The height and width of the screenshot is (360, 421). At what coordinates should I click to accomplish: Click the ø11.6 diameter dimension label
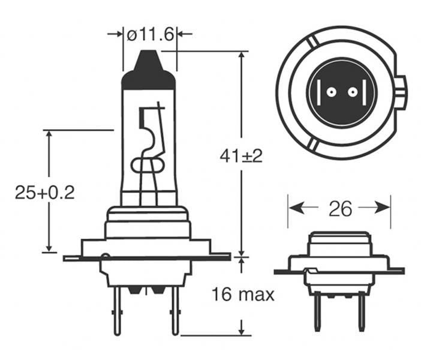coord(150,34)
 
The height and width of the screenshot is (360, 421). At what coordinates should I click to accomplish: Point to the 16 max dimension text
coord(243,295)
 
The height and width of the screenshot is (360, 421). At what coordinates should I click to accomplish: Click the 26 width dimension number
coord(339,208)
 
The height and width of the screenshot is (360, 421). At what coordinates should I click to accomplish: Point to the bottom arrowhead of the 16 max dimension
coord(242,330)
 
